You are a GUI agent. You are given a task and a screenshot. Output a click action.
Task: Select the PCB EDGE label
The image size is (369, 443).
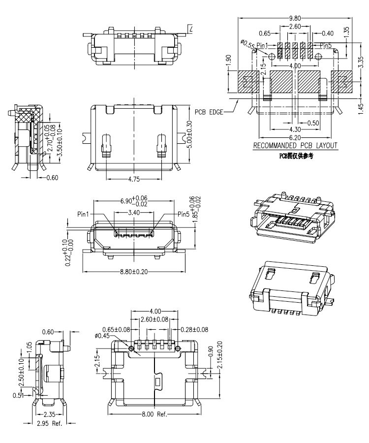(209, 112)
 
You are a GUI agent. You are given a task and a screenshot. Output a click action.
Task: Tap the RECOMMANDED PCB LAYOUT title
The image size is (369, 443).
(295, 146)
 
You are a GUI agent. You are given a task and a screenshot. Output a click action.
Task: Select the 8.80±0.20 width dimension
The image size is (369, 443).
(134, 271)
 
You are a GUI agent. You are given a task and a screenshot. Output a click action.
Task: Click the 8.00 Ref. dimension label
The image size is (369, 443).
(154, 414)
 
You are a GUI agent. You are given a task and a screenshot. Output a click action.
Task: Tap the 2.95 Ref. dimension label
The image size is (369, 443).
(50, 423)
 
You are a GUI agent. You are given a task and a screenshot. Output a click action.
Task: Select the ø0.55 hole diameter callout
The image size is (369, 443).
(247, 44)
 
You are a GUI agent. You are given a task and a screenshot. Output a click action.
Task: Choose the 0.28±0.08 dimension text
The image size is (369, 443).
(194, 329)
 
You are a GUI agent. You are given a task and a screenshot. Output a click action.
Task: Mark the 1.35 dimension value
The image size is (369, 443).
(347, 32)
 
